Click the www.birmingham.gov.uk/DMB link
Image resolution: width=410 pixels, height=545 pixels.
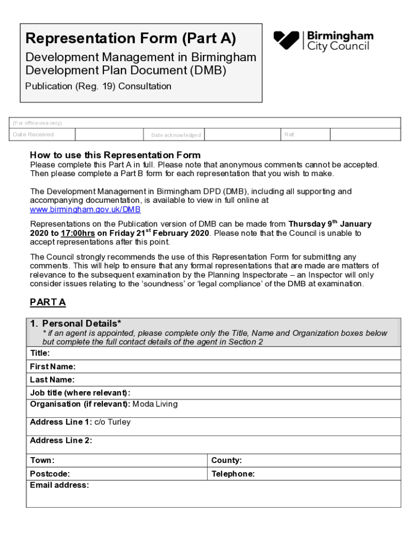click(85, 210)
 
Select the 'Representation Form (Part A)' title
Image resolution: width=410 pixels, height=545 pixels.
click(131, 38)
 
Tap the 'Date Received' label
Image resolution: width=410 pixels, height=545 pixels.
click(33, 135)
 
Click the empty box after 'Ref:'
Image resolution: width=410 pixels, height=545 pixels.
click(352, 135)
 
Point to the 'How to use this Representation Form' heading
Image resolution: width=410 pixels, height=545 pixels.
click(115, 155)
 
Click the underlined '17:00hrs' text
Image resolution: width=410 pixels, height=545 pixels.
click(78, 233)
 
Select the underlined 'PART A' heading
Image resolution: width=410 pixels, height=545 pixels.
click(48, 302)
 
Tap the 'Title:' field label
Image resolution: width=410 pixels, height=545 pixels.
click(40, 353)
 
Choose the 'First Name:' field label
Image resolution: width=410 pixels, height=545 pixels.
click(53, 367)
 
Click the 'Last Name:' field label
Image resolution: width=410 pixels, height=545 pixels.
click(52, 380)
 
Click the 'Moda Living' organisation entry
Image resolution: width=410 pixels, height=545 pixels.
click(155, 404)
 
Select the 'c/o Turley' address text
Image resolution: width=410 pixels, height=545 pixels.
click(112, 422)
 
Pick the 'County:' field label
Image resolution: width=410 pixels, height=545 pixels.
click(226, 460)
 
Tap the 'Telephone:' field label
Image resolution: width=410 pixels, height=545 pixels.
click(233, 474)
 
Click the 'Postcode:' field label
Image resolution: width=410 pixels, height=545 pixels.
click(50, 474)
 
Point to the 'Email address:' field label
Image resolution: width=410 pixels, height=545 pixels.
click(60, 485)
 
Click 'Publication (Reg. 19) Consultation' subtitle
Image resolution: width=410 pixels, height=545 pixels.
click(99, 86)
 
